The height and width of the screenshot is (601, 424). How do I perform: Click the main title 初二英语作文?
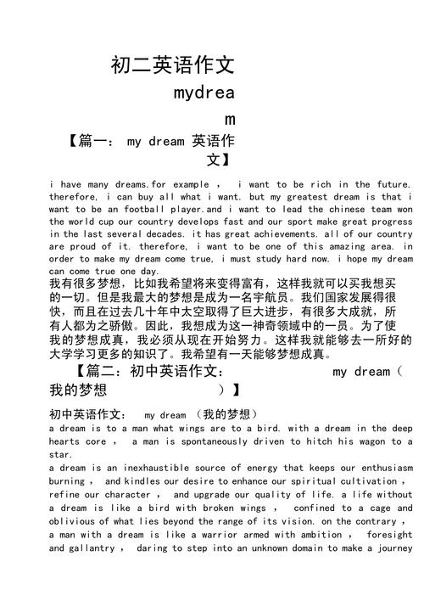172,65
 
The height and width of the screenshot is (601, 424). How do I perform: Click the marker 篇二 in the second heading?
100,372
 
